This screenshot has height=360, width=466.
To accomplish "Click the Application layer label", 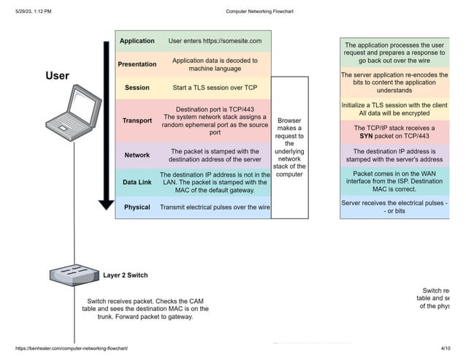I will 137,41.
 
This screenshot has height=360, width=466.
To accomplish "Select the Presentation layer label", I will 137,64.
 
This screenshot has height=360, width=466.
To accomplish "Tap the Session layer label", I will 137,88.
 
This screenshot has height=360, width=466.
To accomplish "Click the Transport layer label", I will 137,120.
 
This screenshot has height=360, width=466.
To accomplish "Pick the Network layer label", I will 137,155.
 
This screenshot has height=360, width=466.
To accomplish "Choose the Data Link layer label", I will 137,182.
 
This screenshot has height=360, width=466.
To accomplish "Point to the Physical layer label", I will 137,207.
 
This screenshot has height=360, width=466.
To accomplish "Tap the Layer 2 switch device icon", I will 74,275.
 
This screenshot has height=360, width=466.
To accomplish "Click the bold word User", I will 58,75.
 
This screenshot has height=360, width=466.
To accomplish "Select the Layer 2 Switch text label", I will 125,275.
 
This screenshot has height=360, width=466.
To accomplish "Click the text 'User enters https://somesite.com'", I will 215,41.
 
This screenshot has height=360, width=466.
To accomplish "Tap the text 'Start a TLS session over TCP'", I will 215,88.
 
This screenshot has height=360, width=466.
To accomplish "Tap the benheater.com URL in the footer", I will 72,349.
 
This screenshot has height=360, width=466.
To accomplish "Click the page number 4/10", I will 446,349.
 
